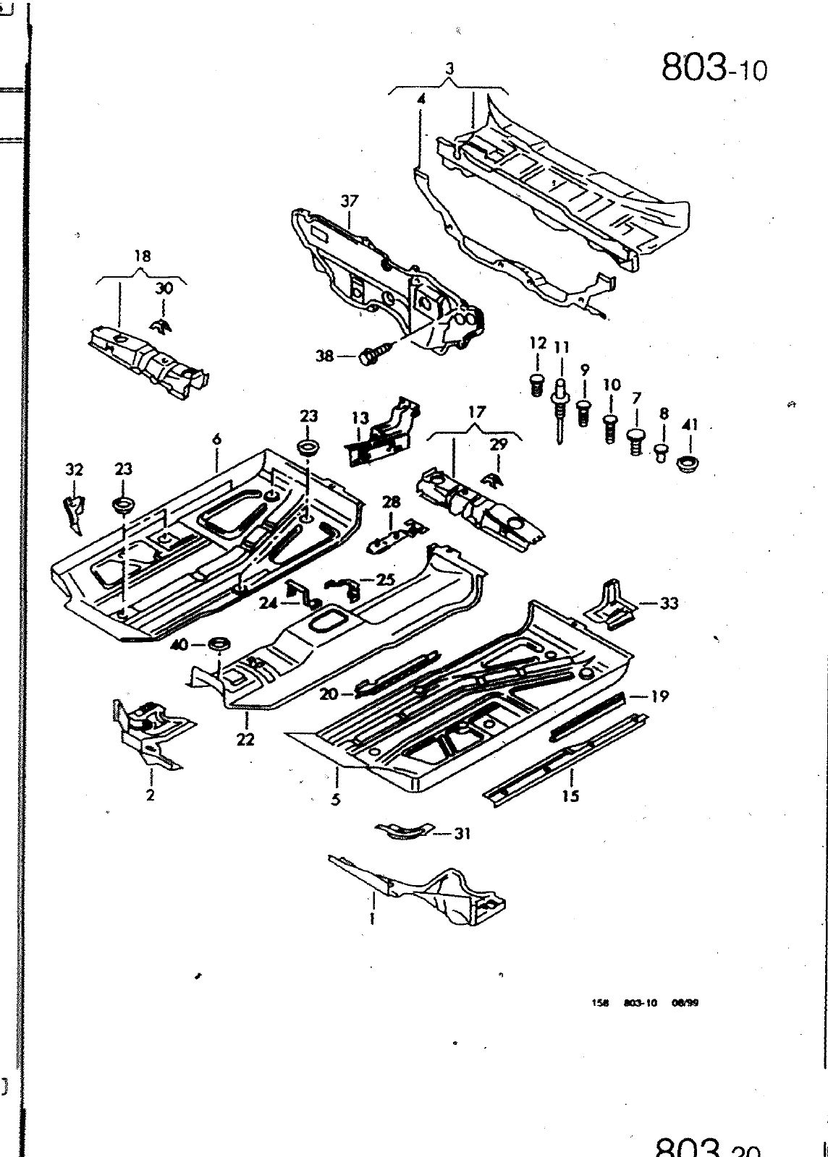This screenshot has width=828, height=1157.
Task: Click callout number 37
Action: pyautogui.click(x=350, y=202)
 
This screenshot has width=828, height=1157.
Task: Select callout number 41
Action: pyautogui.click(x=689, y=425)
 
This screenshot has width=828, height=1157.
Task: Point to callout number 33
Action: pyautogui.click(x=669, y=602)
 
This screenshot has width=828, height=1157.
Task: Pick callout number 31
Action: pyautogui.click(x=462, y=834)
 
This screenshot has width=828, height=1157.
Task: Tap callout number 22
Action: pyautogui.click(x=246, y=740)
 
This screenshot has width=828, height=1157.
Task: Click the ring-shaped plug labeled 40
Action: pyautogui.click(x=217, y=644)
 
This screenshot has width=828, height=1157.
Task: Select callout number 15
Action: pyautogui.click(x=570, y=796)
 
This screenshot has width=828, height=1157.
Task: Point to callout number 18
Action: pyautogui.click(x=143, y=256)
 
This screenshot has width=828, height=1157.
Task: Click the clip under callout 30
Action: pyautogui.click(x=161, y=327)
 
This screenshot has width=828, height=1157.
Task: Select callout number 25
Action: pyautogui.click(x=386, y=579)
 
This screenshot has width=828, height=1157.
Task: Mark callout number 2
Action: pyautogui.click(x=150, y=796)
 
